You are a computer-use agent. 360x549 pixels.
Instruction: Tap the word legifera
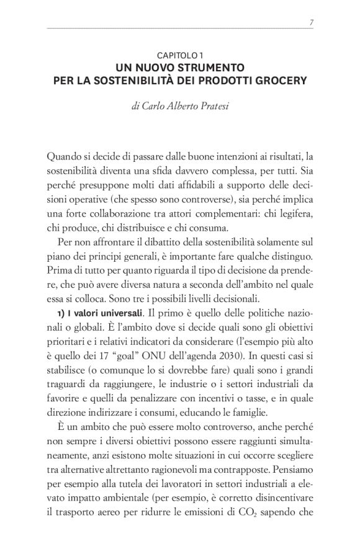pos(293,213)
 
